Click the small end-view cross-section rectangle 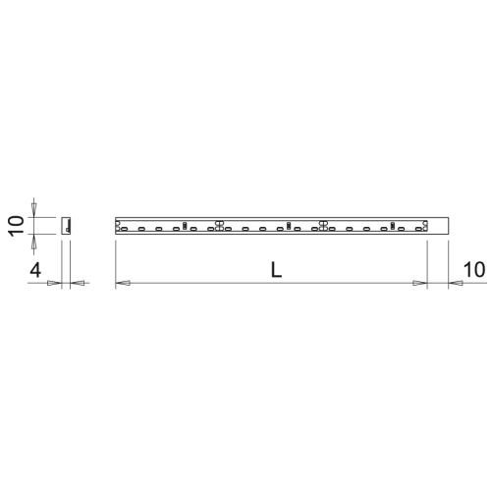tap(66, 224)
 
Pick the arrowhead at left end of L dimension tap(123, 284)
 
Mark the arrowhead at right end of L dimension tap(420, 284)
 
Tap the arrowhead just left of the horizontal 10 tap(456, 284)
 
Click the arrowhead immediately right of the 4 tap(55, 284)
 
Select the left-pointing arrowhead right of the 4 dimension tap(79, 284)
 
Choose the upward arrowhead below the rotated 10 tap(36, 239)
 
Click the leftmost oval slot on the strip tap(124, 229)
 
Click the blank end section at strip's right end tap(439, 224)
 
